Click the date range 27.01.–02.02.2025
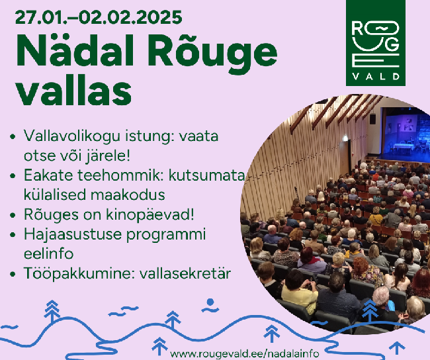click(99, 17)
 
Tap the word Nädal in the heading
click(75, 50)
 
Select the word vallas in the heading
click(73, 90)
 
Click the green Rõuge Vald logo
click(376, 43)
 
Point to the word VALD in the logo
click(376, 76)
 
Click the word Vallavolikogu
click(72, 136)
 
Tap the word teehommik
click(121, 175)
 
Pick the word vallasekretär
click(185, 273)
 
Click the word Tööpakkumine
click(79, 274)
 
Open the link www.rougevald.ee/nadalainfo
click(244, 353)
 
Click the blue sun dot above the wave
click(210, 302)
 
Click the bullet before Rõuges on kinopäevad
click(13, 215)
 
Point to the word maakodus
click(128, 195)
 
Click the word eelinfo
click(48, 253)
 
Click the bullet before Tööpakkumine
click(13, 274)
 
